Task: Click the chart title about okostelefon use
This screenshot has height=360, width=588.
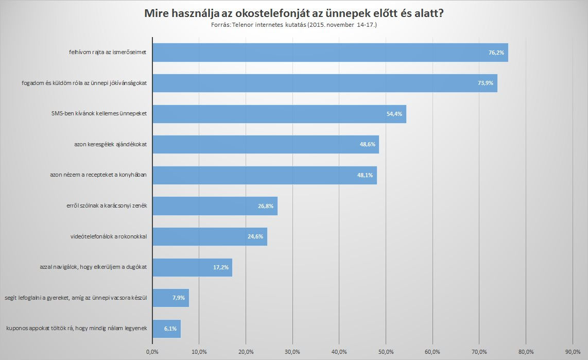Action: tap(294, 13)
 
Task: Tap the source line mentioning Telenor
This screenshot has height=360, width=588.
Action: tap(294, 24)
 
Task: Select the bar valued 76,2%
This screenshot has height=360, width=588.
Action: tap(330, 53)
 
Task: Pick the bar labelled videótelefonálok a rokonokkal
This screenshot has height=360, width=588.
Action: tap(210, 236)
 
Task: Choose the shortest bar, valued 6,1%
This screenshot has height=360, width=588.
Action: tap(166, 328)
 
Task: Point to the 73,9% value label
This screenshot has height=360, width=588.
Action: tap(486, 83)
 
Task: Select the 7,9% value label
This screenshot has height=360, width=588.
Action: tap(179, 298)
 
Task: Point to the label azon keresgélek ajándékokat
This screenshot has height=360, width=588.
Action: tap(110, 145)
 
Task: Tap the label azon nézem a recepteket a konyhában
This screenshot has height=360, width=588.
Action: tap(99, 175)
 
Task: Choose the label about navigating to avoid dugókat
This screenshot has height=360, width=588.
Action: tap(94, 267)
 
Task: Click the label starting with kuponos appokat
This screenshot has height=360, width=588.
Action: tap(77, 328)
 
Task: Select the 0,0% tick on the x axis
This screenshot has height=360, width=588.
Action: tap(152, 352)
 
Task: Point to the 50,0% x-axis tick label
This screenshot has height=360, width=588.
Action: tap(386, 352)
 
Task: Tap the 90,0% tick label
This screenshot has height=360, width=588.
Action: tap(573, 352)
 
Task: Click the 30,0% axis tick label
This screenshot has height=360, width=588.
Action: tap(292, 352)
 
